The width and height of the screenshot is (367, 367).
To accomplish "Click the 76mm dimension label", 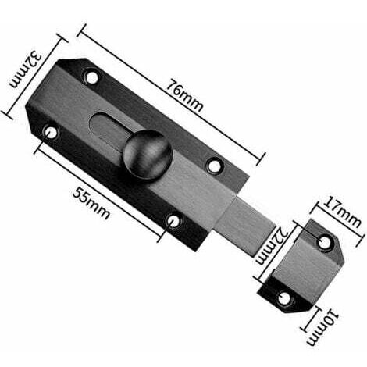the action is (184, 95).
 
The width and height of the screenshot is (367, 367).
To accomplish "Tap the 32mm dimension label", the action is (25, 70).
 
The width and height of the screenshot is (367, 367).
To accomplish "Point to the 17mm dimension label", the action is (342, 212).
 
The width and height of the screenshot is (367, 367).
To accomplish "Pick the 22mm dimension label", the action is (272, 244).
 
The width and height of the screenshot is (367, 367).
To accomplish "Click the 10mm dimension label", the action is (322, 327).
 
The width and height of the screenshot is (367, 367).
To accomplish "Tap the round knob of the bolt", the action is (148, 155).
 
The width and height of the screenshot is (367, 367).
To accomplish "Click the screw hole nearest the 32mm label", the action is (92, 77).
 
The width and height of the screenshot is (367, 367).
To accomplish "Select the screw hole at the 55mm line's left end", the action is (50, 132).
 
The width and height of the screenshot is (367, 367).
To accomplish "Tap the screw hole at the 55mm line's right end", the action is (173, 221).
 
